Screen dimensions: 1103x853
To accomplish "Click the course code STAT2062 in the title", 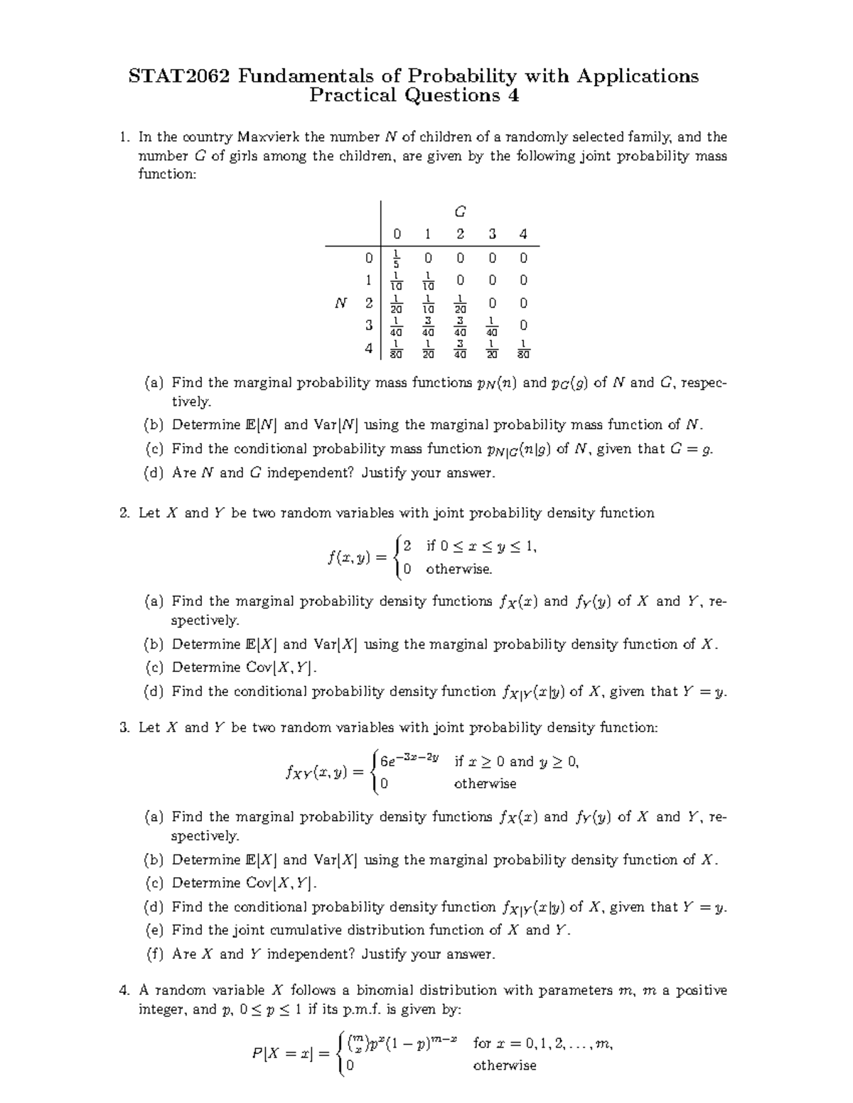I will (179, 76).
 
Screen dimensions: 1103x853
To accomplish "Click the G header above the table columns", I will (460, 212).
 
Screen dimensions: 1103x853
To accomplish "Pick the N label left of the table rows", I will (340, 303).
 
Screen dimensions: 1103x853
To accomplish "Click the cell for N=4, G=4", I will (523, 349).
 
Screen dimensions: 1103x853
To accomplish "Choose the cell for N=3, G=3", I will (492, 326).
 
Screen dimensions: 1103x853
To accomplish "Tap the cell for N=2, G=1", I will (428, 303).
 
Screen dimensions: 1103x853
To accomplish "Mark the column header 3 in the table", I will (492, 234).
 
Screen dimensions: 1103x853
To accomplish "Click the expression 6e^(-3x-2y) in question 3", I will (409, 761).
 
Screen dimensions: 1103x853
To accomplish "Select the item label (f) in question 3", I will (154, 954).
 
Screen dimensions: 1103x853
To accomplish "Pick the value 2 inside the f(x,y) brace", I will (407, 546).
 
